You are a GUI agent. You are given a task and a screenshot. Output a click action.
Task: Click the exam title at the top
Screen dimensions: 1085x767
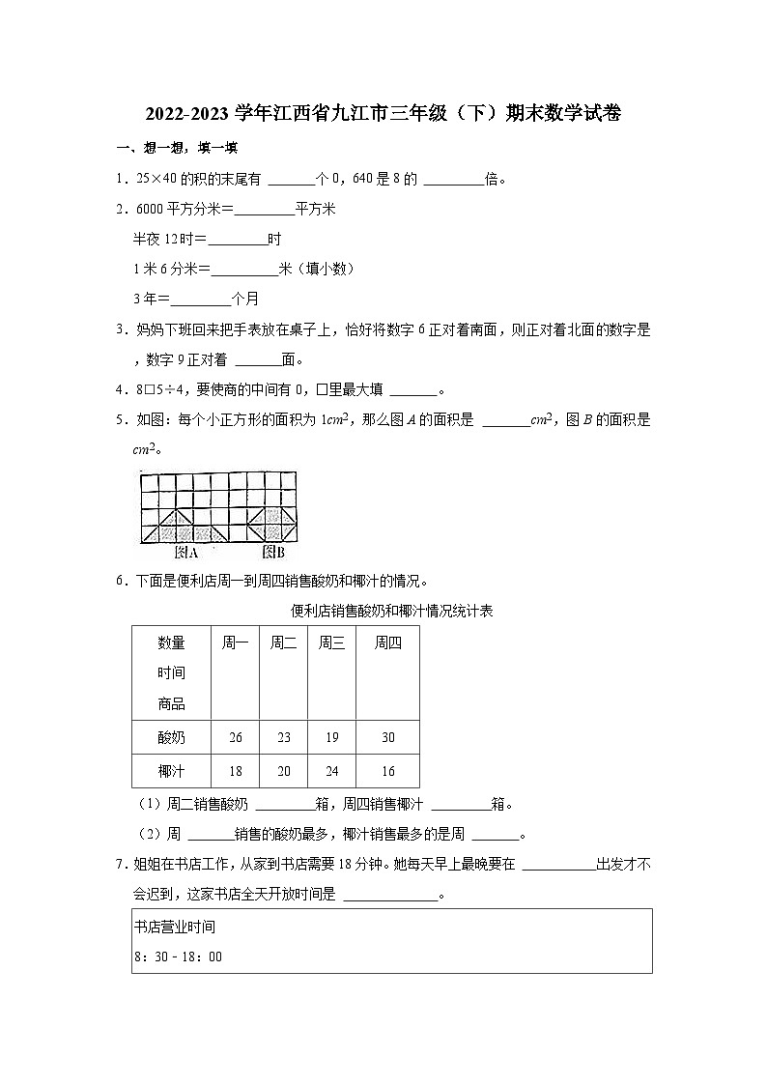383,114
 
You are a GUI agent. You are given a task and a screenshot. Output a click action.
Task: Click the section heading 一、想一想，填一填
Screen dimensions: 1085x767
177,148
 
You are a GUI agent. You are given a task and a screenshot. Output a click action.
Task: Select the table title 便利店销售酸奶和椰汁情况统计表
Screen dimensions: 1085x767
392,611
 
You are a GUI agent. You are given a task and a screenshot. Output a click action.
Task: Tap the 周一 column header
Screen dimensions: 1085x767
235,643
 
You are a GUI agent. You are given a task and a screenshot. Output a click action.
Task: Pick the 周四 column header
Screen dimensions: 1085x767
387,643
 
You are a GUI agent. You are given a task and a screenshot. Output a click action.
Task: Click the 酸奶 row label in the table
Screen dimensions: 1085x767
171,737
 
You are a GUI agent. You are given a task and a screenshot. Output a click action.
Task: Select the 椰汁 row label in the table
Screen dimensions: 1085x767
171,771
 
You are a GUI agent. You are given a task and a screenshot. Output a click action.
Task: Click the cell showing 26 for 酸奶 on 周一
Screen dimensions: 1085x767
235,737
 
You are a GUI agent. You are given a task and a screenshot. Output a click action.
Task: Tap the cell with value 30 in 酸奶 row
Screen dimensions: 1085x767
387,737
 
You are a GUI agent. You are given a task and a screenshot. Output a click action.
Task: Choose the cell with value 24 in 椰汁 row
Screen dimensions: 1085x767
331,771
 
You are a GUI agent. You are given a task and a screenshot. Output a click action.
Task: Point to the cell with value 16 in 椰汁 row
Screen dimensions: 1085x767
387,771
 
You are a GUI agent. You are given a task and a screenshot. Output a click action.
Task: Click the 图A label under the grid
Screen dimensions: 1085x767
185,554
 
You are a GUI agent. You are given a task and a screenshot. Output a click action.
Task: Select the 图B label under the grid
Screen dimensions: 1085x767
273,554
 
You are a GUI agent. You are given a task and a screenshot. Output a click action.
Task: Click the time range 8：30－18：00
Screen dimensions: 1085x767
179,957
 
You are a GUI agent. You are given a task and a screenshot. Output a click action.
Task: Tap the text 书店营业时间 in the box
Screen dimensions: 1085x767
175,928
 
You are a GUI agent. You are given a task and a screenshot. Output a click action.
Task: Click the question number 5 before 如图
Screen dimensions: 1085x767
120,420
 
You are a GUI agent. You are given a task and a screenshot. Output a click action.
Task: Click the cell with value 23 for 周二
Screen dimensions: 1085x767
283,737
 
